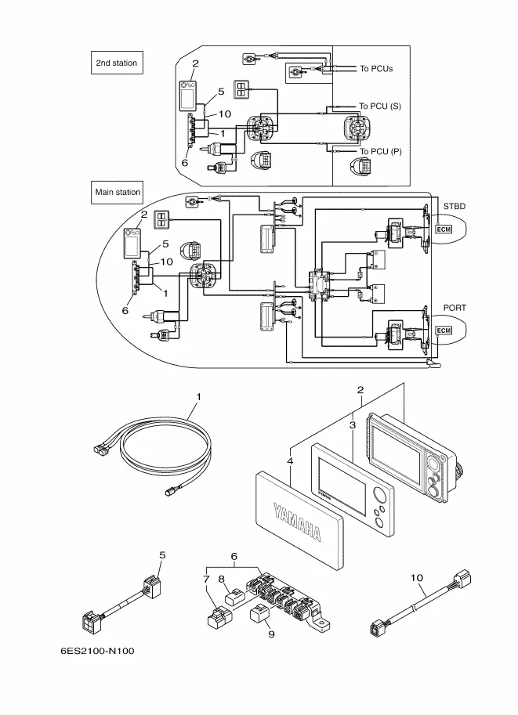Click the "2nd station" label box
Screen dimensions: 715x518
(x=116, y=63)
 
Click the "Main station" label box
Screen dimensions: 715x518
(x=118, y=191)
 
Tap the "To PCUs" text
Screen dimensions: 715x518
(x=376, y=69)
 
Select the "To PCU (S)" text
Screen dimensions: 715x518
(x=380, y=106)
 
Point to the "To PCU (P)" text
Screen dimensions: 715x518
(x=380, y=151)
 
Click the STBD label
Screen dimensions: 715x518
(x=455, y=206)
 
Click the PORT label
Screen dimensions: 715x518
(x=455, y=308)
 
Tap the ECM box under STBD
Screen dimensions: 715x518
(x=443, y=229)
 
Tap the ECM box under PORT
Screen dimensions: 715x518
(x=443, y=331)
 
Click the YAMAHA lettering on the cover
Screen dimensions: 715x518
(x=297, y=521)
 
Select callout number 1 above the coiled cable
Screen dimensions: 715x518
(x=198, y=397)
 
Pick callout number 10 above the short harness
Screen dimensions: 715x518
(x=416, y=577)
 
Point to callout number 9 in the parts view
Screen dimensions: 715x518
(x=270, y=635)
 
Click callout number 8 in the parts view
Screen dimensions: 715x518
(x=222, y=580)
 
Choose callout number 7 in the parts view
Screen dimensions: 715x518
(x=206, y=580)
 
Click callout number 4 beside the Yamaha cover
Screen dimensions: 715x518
(x=290, y=462)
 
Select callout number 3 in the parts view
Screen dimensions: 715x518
(x=353, y=424)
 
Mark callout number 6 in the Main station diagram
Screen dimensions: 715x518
(x=124, y=310)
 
